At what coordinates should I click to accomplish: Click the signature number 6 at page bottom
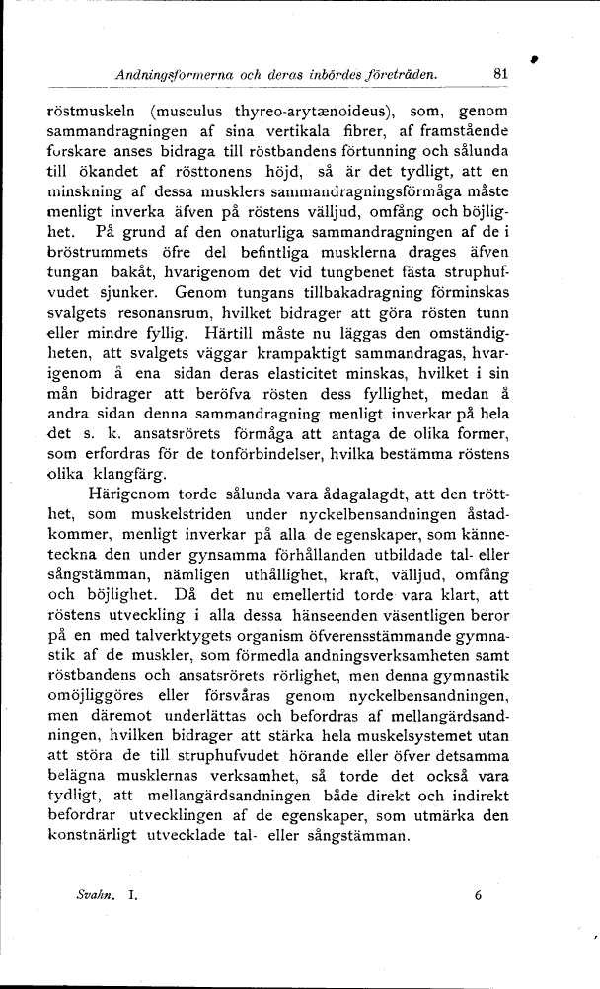(478, 897)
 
